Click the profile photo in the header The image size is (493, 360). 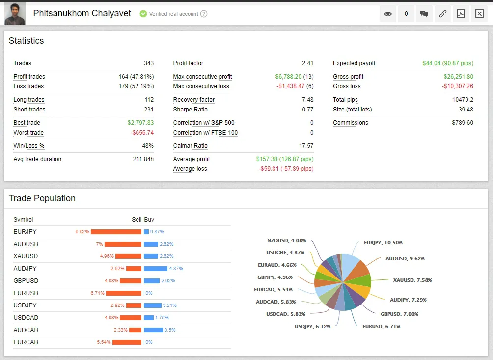click(x=15, y=14)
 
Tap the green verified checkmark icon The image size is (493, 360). click(x=143, y=14)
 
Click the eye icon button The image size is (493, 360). click(x=388, y=14)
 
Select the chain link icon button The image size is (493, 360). click(x=443, y=14)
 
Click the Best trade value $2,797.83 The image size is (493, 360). click(x=140, y=123)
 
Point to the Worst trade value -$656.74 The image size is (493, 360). click(x=142, y=133)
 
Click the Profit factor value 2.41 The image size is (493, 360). click(x=307, y=63)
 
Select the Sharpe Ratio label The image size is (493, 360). click(x=190, y=110)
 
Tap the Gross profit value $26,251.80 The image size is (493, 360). click(x=459, y=77)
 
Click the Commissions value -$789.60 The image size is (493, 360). click(x=462, y=123)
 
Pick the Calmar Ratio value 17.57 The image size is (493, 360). click(x=306, y=146)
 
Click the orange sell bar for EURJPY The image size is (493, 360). click(x=116, y=232)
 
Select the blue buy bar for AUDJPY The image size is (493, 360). click(x=156, y=269)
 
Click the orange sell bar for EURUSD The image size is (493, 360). click(x=124, y=293)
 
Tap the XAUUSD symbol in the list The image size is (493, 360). click(x=26, y=256)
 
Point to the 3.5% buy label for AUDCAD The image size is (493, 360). click(x=170, y=330)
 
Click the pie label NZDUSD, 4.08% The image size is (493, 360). click(x=286, y=241)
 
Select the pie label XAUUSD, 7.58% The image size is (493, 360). click(x=412, y=280)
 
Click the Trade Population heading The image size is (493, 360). click(x=42, y=198)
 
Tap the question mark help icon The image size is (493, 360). click(x=204, y=14)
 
